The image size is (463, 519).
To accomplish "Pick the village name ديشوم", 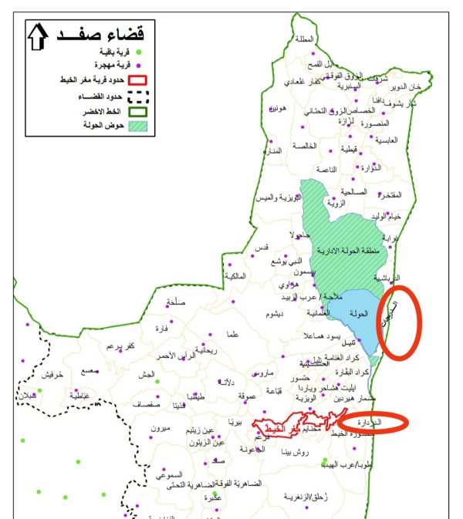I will tap(275, 315).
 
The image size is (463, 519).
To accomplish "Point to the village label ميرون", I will tap(161, 427).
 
